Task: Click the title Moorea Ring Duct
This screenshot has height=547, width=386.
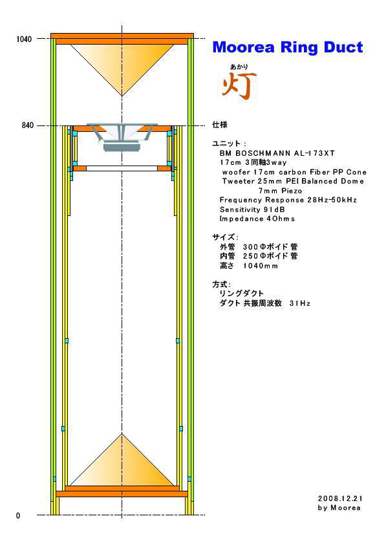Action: point(288,47)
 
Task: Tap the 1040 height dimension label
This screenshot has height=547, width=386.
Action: point(24,39)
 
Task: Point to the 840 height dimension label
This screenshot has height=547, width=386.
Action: point(28,125)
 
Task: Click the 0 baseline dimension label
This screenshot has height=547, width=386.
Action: point(18,515)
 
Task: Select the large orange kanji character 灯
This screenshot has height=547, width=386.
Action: point(239,85)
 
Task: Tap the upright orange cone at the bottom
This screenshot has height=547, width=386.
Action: point(122,460)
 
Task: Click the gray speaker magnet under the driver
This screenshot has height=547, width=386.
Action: point(122,147)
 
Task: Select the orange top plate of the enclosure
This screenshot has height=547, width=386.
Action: point(122,36)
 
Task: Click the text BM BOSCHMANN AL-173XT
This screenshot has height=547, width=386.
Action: point(277,153)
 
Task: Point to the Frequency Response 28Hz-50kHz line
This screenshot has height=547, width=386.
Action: point(288,200)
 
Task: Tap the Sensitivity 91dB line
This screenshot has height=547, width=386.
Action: point(252,209)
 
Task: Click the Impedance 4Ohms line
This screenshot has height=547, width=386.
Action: point(257,219)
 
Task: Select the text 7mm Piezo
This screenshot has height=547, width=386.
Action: point(280,191)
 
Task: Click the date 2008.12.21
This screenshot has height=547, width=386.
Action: point(340,499)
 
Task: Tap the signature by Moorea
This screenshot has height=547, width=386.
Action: point(339,508)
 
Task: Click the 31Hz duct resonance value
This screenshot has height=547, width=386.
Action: point(300,303)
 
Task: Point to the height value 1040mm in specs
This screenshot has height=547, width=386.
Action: point(261,266)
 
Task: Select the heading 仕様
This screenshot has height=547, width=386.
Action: point(220,125)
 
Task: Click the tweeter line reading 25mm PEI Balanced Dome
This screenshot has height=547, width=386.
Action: point(293,182)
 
